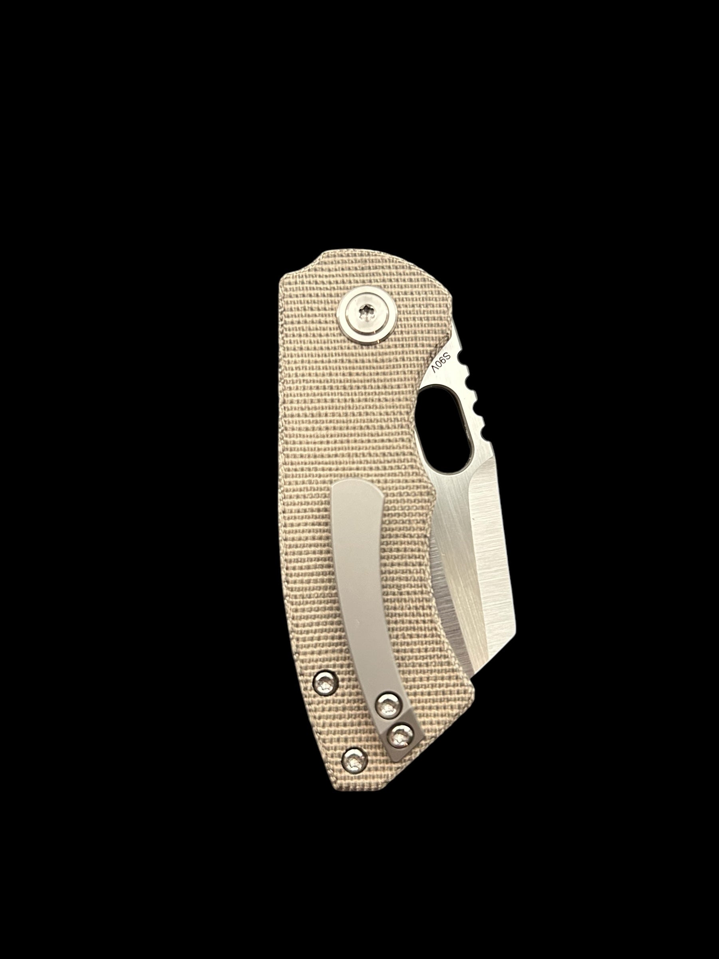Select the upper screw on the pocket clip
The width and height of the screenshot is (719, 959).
pos(387,717)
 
